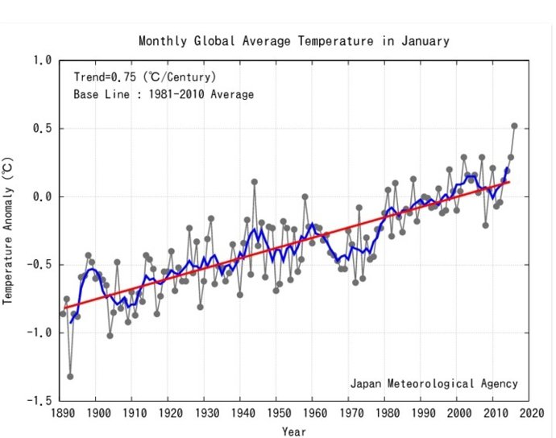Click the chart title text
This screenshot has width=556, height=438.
point(293,41)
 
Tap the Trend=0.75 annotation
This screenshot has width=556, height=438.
point(143,78)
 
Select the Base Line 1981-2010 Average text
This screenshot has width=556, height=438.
point(164,95)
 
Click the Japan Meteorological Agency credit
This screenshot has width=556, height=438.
point(434,383)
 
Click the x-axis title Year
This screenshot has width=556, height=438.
point(293,432)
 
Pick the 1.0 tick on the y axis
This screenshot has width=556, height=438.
point(42,60)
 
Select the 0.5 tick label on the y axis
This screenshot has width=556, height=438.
point(42,129)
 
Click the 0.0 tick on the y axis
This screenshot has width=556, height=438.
point(42,196)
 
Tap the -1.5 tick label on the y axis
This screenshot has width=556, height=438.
point(39,400)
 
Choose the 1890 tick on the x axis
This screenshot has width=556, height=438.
point(60,412)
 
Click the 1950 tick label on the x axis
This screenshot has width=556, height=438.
point(276,412)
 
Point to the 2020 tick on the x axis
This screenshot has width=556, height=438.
point(528,412)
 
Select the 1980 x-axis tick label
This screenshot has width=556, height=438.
point(384,412)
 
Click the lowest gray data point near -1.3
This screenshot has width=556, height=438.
point(70,376)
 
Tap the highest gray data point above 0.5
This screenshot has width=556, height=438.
point(514,126)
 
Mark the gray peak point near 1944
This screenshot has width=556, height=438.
point(254,182)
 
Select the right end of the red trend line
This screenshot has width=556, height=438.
point(509,181)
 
